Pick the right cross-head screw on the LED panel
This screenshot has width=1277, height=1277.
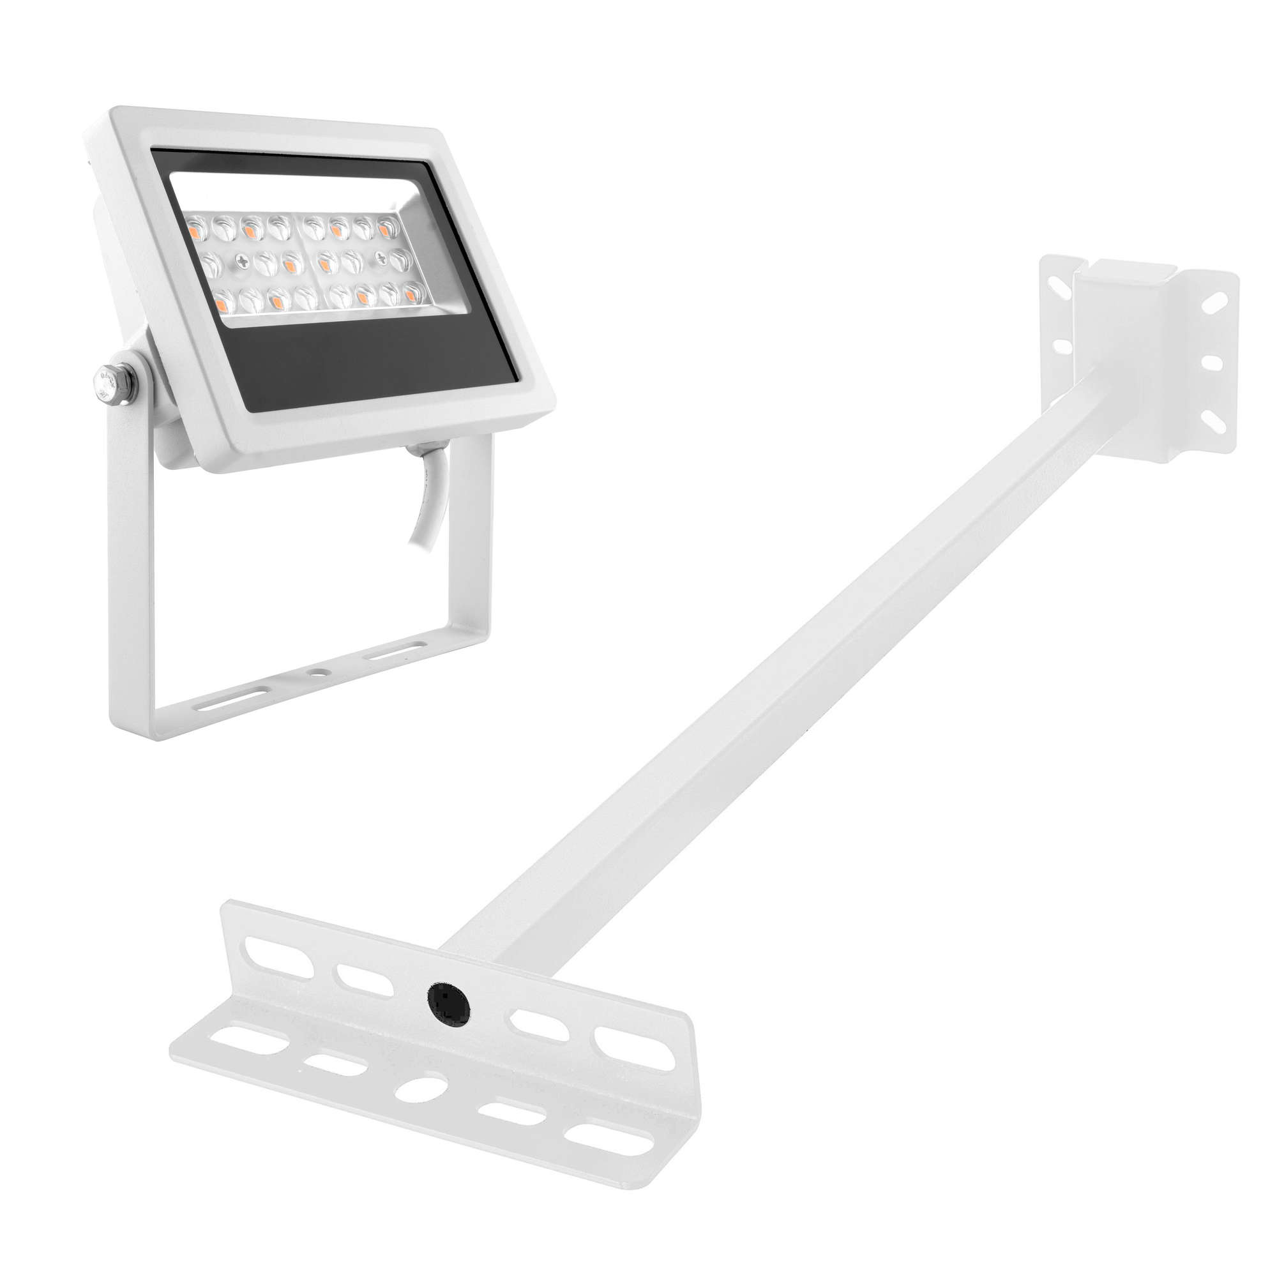click(381, 258)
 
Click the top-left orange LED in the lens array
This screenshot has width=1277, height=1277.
click(195, 231)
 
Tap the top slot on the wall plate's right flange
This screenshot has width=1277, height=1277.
click(1214, 303)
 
